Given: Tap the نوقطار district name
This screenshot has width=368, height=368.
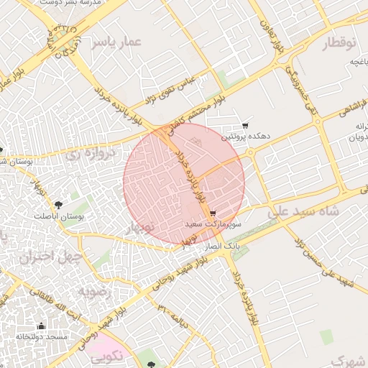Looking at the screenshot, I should click(x=338, y=44).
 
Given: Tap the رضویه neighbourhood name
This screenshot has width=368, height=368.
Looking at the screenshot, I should click(x=92, y=292).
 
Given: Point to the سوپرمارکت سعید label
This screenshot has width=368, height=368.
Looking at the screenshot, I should click(x=213, y=225).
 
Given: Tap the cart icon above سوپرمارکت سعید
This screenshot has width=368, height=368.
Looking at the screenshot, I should click(x=213, y=214).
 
